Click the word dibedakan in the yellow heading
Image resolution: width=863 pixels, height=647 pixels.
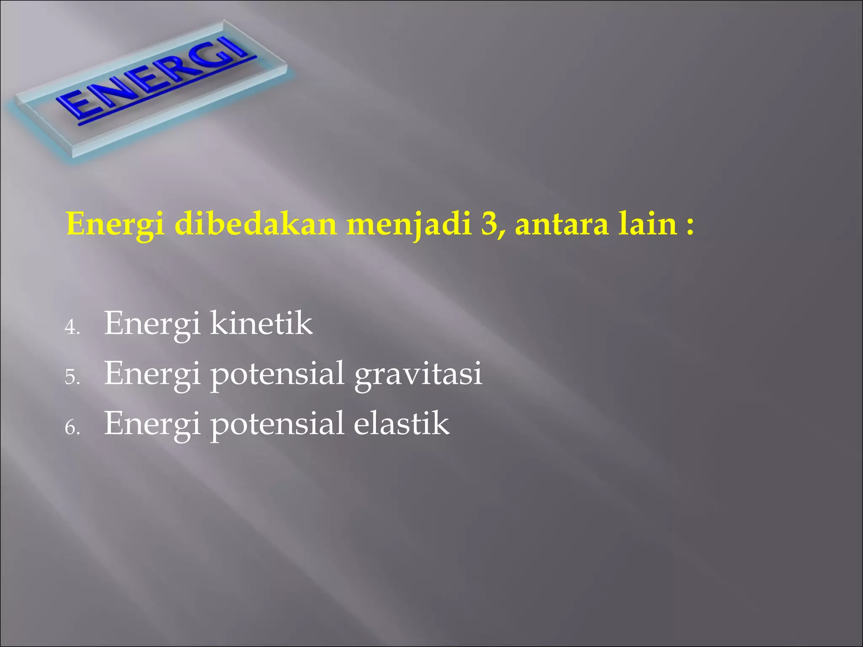click(255, 224)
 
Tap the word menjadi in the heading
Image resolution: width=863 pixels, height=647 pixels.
click(408, 224)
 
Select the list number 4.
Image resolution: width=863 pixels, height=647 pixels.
click(72, 327)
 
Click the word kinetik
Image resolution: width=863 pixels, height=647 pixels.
click(261, 323)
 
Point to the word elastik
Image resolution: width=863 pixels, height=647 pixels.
click(401, 423)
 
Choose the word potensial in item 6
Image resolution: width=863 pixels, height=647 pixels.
click(277, 424)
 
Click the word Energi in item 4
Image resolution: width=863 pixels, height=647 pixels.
click(152, 324)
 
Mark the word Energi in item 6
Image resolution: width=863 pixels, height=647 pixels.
click(152, 424)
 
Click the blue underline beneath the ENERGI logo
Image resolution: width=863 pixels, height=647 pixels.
click(169, 91)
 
